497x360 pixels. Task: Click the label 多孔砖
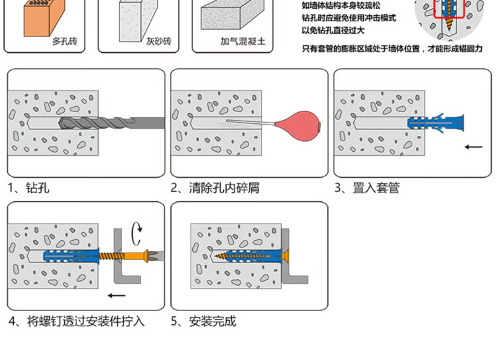point(64,41)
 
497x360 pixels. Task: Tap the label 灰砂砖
point(158,41)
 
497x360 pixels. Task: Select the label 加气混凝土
point(243,41)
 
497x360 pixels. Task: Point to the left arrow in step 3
point(473,147)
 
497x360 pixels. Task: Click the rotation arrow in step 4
point(137,232)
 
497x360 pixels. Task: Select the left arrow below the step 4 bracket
point(117,296)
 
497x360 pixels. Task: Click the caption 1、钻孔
point(28,188)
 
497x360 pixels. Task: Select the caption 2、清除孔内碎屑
point(215,188)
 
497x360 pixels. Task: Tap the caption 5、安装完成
point(203,322)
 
